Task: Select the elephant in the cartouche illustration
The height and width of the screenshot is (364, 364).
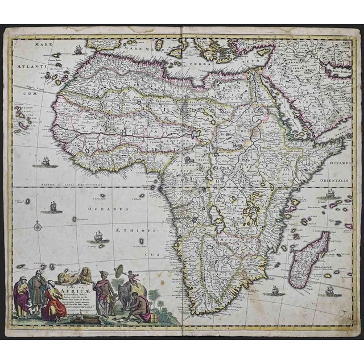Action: [x=126, y=294]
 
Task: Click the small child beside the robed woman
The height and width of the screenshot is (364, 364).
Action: [x=24, y=308]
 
